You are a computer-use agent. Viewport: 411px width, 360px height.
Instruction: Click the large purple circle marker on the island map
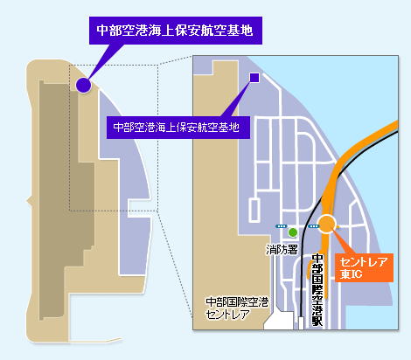pyautogui.click(x=83, y=85)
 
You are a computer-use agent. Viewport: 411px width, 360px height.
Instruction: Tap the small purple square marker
pyautogui.click(x=254, y=78)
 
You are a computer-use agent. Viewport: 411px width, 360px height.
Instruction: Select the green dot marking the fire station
pyautogui.click(x=293, y=232)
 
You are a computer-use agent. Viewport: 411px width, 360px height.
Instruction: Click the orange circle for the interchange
pyautogui.click(x=326, y=224)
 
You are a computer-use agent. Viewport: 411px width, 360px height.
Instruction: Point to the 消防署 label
pyautogui.click(x=282, y=250)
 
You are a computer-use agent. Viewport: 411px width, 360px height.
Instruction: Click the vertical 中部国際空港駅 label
pyautogui.click(x=317, y=290)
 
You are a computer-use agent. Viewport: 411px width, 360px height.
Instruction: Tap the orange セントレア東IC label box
pyautogui.click(x=364, y=267)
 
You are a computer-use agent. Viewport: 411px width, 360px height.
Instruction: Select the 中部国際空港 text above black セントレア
pyautogui.click(x=237, y=302)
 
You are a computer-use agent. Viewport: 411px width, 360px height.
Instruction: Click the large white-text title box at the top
pyautogui.click(x=176, y=31)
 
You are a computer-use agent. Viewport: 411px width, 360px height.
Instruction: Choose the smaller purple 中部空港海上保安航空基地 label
pyautogui.click(x=178, y=128)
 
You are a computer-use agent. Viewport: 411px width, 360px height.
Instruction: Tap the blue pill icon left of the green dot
pyautogui.click(x=281, y=226)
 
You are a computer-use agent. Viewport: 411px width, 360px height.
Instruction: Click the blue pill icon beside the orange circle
pyautogui.click(x=313, y=226)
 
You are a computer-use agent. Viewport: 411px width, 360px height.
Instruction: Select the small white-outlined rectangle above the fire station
pyautogui.click(x=254, y=210)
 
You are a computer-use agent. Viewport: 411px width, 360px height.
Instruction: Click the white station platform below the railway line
pyautogui.click(x=301, y=323)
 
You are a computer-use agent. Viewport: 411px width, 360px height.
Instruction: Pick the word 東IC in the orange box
pyautogui.click(x=351, y=274)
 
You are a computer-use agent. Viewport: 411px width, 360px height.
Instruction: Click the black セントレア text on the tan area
pyautogui.click(x=227, y=315)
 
